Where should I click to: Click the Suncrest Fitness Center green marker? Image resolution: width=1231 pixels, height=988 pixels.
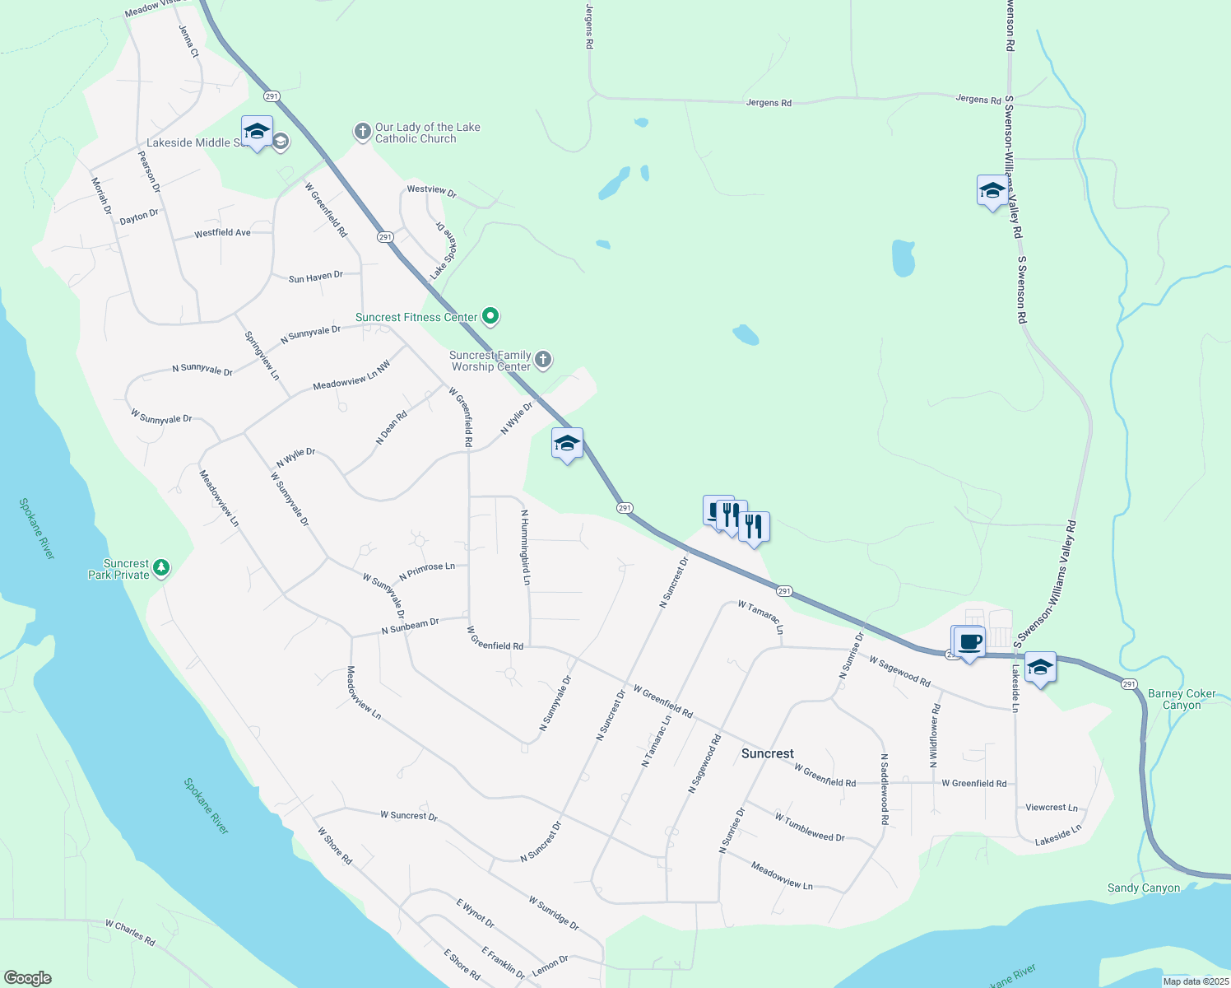pos(490,316)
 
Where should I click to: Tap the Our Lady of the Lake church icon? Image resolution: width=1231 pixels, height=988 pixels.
pos(362,132)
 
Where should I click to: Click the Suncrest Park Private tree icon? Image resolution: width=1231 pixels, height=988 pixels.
pos(162,567)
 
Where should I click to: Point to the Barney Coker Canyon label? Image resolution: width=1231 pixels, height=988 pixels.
pos(1182,699)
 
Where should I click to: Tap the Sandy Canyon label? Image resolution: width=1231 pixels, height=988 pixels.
pos(1143,888)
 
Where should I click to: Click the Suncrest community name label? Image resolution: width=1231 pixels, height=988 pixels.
pos(767,753)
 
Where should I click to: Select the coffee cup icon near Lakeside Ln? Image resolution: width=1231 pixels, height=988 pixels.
pos(969,641)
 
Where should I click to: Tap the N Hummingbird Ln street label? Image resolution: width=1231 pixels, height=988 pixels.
pos(525,547)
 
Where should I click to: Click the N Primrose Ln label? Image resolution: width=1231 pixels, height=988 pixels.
pos(426,571)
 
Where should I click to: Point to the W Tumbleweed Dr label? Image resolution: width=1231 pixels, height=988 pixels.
pos(809,827)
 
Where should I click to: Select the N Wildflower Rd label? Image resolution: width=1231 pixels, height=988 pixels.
pos(935,736)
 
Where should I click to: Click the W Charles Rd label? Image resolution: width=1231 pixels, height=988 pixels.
pos(130,933)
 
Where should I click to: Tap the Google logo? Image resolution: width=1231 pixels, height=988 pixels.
pos(27,978)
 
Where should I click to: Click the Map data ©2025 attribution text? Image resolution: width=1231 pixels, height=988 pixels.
pos(1195,981)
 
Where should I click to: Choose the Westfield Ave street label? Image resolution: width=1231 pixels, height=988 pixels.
pos(222,233)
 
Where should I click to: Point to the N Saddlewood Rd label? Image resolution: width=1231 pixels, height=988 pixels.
pos(885,789)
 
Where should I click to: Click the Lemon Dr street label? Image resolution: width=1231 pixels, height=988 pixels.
pos(550,965)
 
